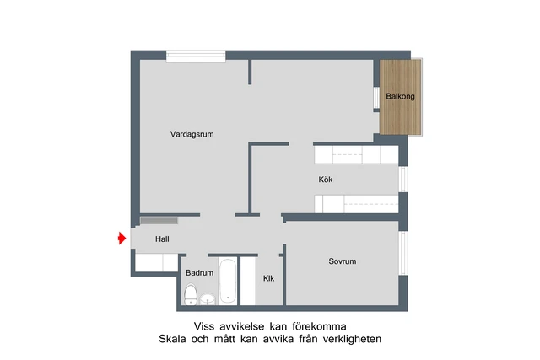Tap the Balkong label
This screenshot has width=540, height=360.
[x=400, y=96]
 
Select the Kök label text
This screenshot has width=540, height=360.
[x=326, y=180]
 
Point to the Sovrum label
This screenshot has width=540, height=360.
[x=342, y=261]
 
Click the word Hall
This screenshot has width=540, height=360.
[x=162, y=240]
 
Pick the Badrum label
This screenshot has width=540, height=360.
[x=199, y=273]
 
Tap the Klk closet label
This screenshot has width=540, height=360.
[x=268, y=278]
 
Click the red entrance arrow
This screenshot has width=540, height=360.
[x=121, y=240]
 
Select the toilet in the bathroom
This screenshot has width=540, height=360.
[x=191, y=295]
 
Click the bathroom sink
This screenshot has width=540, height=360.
[x=207, y=297]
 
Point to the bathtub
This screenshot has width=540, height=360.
[x=228, y=281]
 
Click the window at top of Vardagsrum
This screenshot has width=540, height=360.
[x=196, y=56]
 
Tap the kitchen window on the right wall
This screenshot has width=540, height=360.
[x=403, y=179]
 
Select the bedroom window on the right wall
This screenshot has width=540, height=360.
[x=403, y=254]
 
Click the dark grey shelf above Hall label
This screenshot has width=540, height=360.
[x=159, y=219]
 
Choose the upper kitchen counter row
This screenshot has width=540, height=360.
[x=355, y=154]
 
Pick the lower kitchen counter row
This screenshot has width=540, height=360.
[x=355, y=204]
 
